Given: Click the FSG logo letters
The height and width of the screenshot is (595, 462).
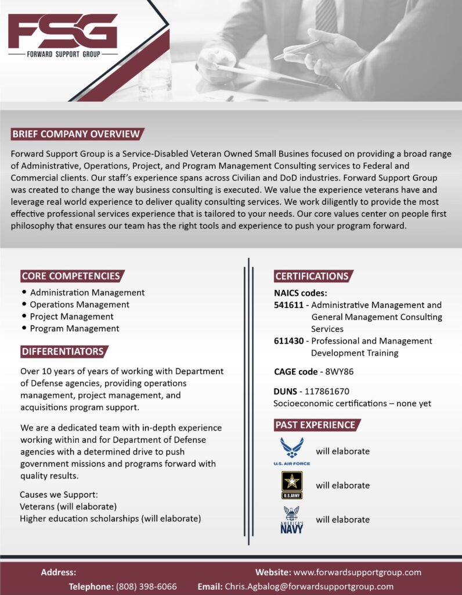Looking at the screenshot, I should tap(63, 31).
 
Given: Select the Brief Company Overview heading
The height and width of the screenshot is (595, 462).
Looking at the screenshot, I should tap(76, 134).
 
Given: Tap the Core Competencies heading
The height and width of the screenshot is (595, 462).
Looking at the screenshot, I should tap(71, 276).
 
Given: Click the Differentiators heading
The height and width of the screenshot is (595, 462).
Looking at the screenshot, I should tap(63, 352).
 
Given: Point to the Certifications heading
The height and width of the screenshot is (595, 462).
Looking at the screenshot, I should tap(312, 276).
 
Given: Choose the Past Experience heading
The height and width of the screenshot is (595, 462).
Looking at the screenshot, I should tap(315, 425).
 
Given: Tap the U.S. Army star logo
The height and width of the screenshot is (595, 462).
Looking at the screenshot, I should tap(291, 485).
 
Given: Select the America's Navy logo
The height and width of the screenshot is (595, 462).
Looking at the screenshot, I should tap(291, 519).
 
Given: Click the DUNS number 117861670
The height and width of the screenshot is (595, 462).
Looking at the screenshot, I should tap(324, 392).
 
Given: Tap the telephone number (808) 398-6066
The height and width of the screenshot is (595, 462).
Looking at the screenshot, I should tap(146, 586).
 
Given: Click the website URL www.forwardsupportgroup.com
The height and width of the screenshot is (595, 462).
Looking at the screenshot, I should tap(358, 572).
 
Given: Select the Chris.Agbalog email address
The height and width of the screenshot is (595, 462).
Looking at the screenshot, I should tap(309, 586).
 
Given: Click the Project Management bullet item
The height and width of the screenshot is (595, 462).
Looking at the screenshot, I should tap(71, 317).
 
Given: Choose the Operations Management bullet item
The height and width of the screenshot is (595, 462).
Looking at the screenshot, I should tap(80, 304).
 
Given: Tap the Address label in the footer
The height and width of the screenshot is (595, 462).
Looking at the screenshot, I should tap(58, 572).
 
